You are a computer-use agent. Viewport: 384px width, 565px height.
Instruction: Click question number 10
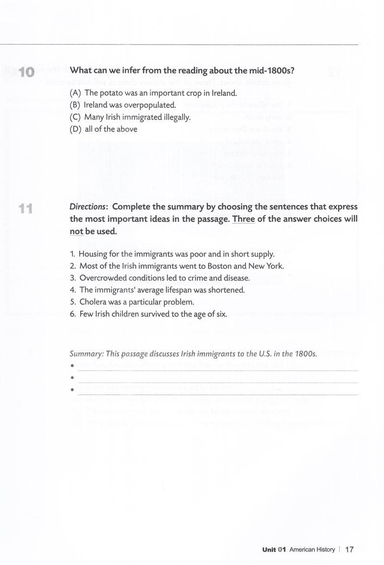tap(24, 72)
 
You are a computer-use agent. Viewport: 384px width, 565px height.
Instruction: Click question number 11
tap(24, 209)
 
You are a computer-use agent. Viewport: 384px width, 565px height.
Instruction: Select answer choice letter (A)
tap(75, 93)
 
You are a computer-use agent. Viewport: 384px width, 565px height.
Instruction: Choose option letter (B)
tap(75, 105)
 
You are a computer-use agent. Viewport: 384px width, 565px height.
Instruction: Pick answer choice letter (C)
tap(75, 117)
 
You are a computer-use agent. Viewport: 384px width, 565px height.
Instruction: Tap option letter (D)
tap(75, 129)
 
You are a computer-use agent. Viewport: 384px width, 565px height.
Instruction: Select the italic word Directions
tap(89, 207)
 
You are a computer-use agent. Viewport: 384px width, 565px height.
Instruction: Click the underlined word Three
tap(243, 219)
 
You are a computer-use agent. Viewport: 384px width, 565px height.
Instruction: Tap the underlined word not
tap(76, 231)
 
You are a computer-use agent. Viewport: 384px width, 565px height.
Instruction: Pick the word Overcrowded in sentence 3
tap(102, 278)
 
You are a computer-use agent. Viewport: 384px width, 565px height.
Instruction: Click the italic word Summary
tap(86, 354)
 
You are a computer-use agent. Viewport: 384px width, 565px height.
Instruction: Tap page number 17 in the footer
tap(349, 550)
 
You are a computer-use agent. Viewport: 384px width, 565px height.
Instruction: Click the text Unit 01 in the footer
tap(274, 550)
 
